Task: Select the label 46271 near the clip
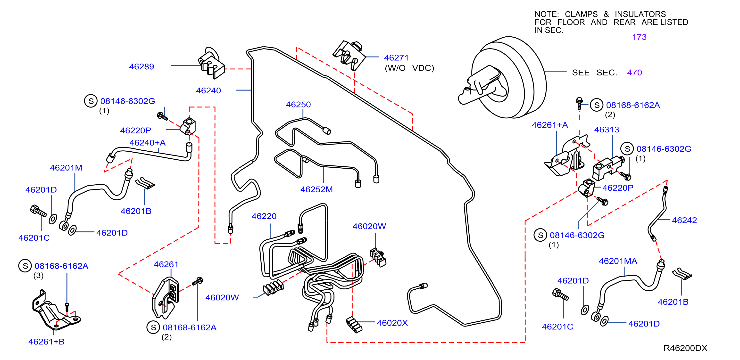(x=396, y=58)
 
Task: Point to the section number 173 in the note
(x=639, y=37)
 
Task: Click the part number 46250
(x=298, y=105)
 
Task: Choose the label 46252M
(x=316, y=189)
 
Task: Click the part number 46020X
(x=392, y=323)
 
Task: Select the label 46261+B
(x=46, y=342)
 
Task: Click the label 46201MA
(x=618, y=261)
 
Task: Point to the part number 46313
(x=607, y=130)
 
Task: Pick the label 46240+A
(x=147, y=143)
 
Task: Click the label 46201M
(x=66, y=168)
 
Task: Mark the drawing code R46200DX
(x=685, y=348)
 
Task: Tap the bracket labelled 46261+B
(x=56, y=311)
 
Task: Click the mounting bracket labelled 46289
(x=211, y=64)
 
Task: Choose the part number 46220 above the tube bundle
(x=264, y=216)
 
